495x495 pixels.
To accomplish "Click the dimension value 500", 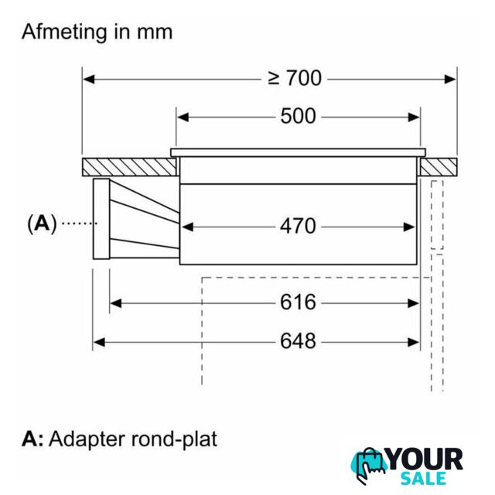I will [x=298, y=116].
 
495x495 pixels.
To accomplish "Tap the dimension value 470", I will [x=298, y=226].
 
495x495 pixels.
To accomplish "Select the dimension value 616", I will [x=298, y=302].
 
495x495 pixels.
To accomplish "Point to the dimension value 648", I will [x=298, y=340].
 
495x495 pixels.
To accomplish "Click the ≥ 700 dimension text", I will [x=295, y=78].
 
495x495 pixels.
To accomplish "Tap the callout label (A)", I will [x=42, y=224].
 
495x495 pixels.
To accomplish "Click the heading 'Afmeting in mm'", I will [x=97, y=32].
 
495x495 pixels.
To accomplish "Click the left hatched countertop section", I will [x=128, y=166].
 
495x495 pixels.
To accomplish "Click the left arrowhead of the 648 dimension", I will [x=98, y=340].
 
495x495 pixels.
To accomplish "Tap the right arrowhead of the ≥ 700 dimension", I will [x=452, y=78].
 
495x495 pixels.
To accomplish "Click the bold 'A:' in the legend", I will [x=32, y=439].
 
